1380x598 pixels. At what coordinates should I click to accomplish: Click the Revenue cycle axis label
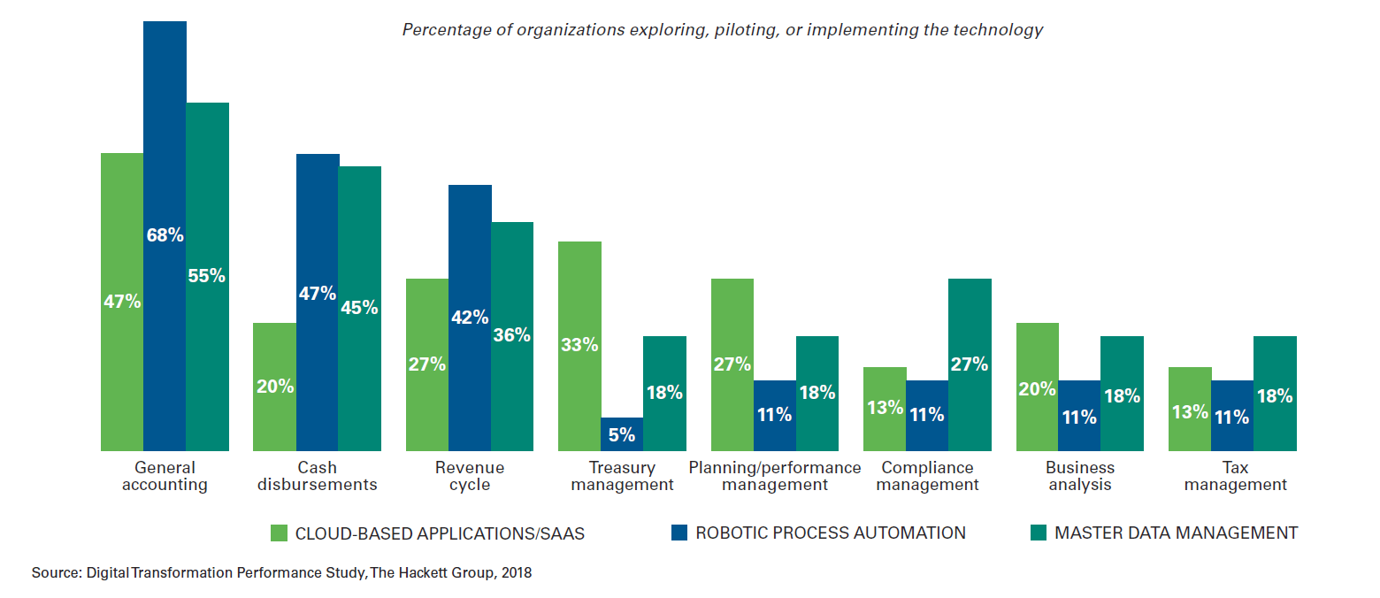(x=470, y=476)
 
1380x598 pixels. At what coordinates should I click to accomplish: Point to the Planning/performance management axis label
(x=775, y=476)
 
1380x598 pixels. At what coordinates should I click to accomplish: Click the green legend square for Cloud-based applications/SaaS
(x=279, y=533)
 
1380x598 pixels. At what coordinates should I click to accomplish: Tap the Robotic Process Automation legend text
(x=830, y=533)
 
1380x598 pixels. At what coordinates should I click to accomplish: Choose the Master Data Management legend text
(x=1176, y=533)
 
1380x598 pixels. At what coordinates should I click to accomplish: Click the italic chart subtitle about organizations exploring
(x=723, y=30)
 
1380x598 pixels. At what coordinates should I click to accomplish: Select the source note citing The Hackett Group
(x=281, y=572)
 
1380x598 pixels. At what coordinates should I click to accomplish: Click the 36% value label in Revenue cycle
(x=512, y=334)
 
